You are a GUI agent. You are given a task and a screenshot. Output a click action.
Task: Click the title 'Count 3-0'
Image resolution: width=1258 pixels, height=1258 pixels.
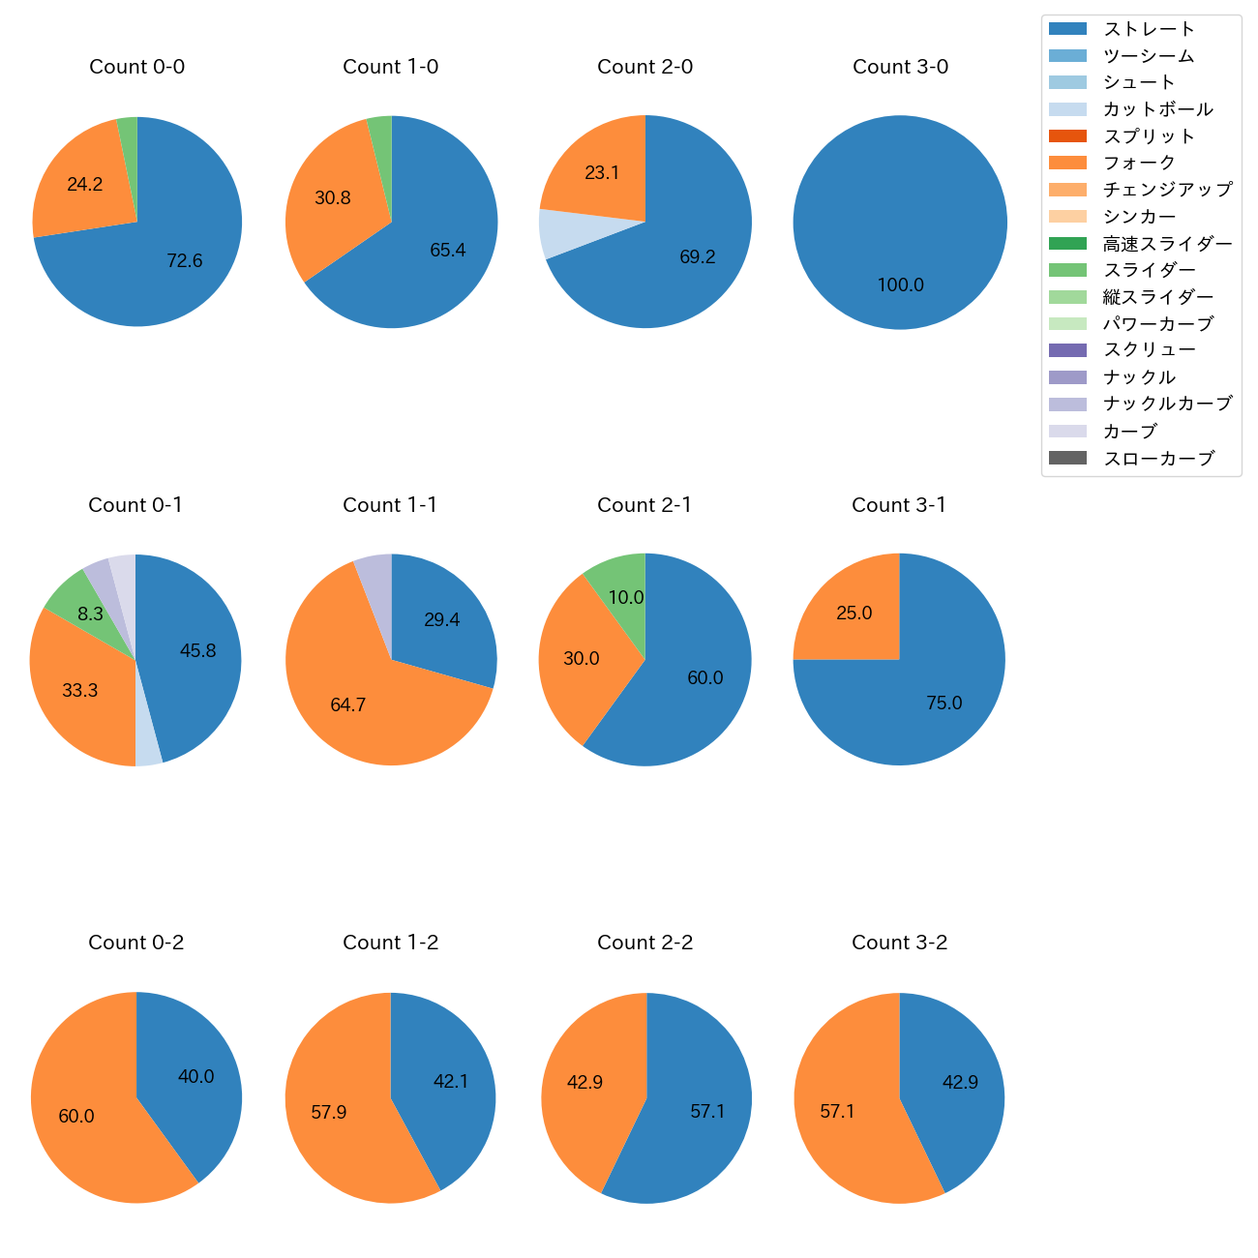(x=900, y=67)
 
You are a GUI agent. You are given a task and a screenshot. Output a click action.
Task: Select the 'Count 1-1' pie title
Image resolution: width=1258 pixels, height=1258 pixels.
(x=390, y=505)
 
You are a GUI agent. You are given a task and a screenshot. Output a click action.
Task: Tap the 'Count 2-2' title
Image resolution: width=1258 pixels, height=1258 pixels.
(x=644, y=943)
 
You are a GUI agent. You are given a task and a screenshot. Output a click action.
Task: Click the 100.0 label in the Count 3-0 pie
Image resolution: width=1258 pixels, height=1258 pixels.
(x=900, y=285)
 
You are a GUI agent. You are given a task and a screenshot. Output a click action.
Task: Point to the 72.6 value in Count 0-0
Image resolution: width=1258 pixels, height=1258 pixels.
(x=184, y=260)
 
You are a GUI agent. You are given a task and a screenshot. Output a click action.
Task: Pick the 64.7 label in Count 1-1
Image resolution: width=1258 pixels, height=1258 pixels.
(x=347, y=705)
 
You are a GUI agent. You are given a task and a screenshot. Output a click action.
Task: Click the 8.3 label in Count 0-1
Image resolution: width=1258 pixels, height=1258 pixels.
(x=90, y=614)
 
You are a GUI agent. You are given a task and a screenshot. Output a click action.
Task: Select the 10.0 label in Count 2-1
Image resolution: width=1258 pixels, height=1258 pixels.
(x=625, y=598)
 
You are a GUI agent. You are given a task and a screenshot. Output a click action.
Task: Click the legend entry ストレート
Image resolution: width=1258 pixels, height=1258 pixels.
(x=1149, y=29)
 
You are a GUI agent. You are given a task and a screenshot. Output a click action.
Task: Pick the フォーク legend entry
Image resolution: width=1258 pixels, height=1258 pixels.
(x=1139, y=163)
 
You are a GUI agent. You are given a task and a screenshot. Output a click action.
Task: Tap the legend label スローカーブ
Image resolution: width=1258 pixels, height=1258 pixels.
(x=1158, y=459)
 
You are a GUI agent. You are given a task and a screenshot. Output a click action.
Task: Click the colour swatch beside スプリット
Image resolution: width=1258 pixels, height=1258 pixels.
(x=1067, y=136)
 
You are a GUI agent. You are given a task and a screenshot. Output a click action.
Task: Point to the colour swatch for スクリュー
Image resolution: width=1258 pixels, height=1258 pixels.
(x=1067, y=350)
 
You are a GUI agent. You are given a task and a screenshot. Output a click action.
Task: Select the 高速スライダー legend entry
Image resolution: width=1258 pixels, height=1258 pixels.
(x=1167, y=244)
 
